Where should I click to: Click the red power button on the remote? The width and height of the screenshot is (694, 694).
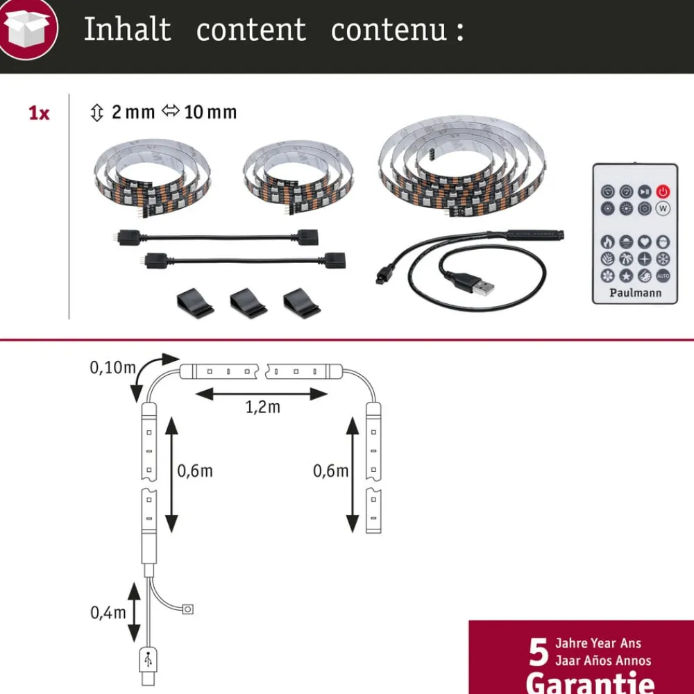pyautogui.click(x=663, y=192)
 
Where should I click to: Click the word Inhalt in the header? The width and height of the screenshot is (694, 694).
pyautogui.click(x=127, y=30)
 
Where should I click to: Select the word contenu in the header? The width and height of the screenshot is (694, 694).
pyautogui.click(x=389, y=30)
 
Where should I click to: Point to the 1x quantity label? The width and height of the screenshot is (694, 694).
pyautogui.click(x=39, y=113)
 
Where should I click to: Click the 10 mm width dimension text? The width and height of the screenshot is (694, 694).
pyautogui.click(x=210, y=112)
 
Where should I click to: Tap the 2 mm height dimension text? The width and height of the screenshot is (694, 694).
pyautogui.click(x=133, y=112)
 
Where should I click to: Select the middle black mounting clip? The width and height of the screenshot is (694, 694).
pyautogui.click(x=249, y=303)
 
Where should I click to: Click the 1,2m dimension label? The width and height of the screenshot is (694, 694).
pyautogui.click(x=263, y=407)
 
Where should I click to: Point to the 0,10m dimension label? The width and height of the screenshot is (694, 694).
pyautogui.click(x=112, y=368)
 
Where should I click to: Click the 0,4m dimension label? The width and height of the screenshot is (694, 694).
pyautogui.click(x=108, y=612)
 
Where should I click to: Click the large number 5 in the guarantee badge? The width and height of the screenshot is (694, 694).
pyautogui.click(x=539, y=652)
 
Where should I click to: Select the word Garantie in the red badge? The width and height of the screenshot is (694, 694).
pyautogui.click(x=590, y=682)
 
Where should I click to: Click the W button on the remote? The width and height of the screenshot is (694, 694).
pyautogui.click(x=663, y=208)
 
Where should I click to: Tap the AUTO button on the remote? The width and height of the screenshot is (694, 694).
pyautogui.click(x=663, y=276)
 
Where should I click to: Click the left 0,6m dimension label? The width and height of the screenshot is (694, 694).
pyautogui.click(x=194, y=471)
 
